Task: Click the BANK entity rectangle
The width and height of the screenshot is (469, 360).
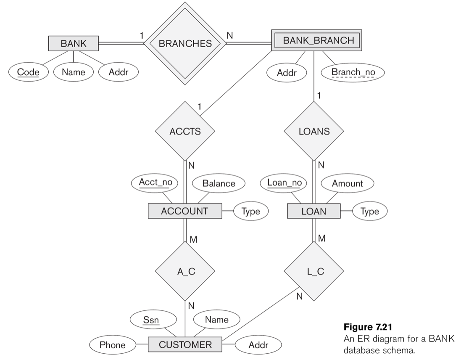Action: (74, 43)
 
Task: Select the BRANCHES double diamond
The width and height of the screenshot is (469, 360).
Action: (185, 43)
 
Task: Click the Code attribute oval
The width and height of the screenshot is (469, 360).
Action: (28, 72)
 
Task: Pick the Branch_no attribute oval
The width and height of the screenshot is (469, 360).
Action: (353, 72)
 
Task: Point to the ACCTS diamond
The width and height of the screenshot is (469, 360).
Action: (185, 131)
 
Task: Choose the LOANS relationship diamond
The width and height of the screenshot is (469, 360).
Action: (314, 131)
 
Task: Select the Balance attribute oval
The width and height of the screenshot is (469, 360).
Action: (219, 183)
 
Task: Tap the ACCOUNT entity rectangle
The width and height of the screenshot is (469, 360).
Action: (185, 211)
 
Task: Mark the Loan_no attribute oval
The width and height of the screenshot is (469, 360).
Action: (285, 183)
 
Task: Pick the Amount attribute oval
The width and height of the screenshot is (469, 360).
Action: (347, 183)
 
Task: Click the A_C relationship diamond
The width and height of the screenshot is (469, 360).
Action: (185, 271)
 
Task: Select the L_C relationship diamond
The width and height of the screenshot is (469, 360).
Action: (314, 271)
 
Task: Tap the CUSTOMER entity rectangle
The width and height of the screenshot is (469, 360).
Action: (185, 345)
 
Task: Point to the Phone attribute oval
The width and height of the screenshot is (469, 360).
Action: (112, 345)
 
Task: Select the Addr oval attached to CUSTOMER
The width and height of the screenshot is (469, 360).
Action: (258, 345)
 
